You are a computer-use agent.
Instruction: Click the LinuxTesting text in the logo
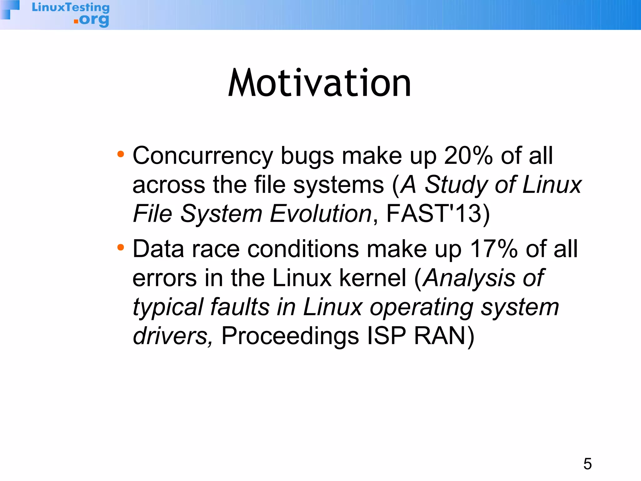pyautogui.click(x=71, y=7)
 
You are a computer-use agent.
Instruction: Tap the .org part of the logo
pyautogui.click(x=92, y=20)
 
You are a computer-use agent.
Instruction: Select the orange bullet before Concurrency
pyautogui.click(x=121, y=154)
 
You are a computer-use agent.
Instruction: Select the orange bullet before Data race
pyautogui.click(x=121, y=248)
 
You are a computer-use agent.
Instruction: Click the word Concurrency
pyautogui.click(x=203, y=156)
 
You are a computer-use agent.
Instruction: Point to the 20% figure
pyautogui.click(x=468, y=156)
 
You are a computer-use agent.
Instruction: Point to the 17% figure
pyautogui.click(x=494, y=249)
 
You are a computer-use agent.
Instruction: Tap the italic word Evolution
pyautogui.click(x=320, y=214)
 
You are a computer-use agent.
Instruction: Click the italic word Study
pyautogui.click(x=456, y=185)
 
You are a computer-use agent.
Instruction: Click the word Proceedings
pyautogui.click(x=290, y=336)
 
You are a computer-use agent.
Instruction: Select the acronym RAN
pyautogui.click(x=440, y=336)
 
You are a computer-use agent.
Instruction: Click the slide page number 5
pyautogui.click(x=587, y=464)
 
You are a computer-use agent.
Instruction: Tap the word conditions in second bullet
pyautogui.click(x=303, y=249)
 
